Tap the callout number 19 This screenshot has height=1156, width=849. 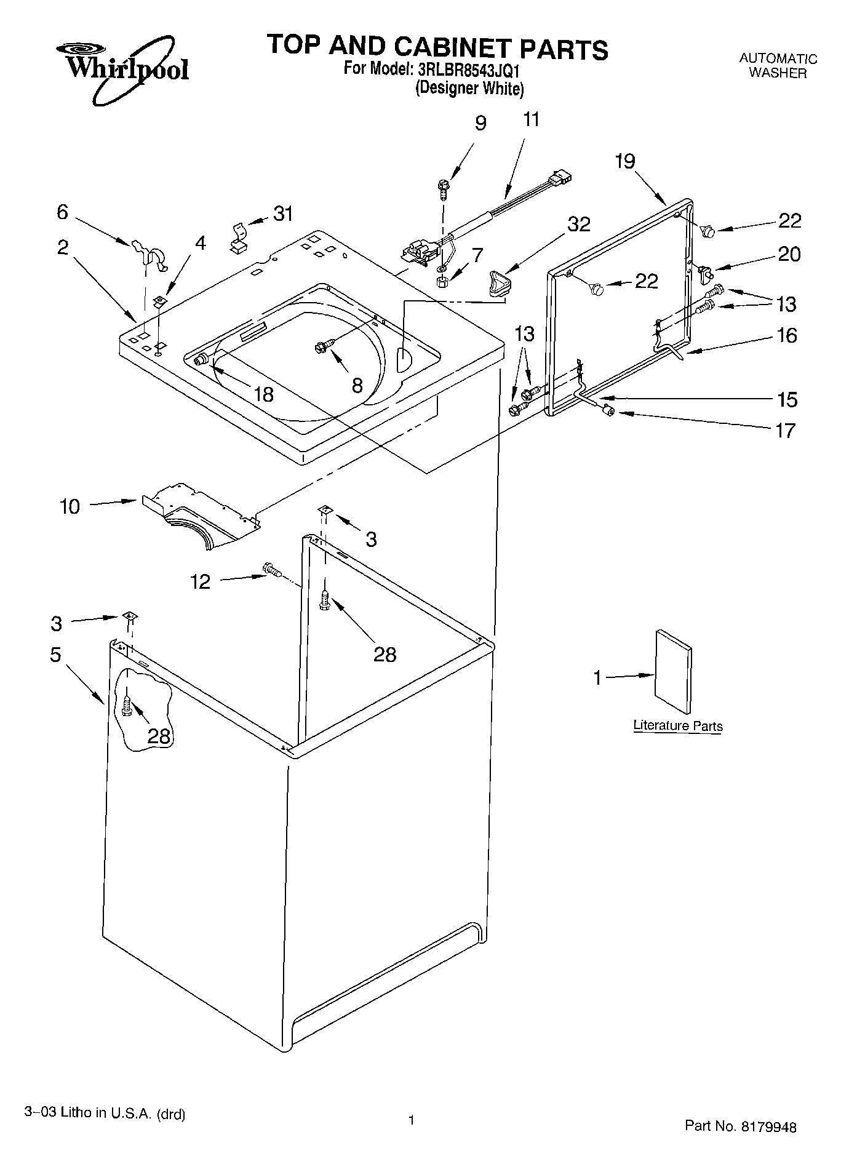click(625, 161)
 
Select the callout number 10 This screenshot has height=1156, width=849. click(70, 507)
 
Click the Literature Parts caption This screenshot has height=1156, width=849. click(677, 726)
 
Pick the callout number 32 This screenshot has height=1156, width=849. click(579, 224)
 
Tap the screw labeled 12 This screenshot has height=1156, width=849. click(271, 570)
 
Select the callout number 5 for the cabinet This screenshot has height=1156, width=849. click(55, 655)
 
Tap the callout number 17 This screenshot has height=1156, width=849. click(785, 431)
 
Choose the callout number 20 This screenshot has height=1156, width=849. click(790, 253)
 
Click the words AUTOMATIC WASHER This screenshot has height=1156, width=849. click(778, 66)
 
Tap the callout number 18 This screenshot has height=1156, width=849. click(263, 394)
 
